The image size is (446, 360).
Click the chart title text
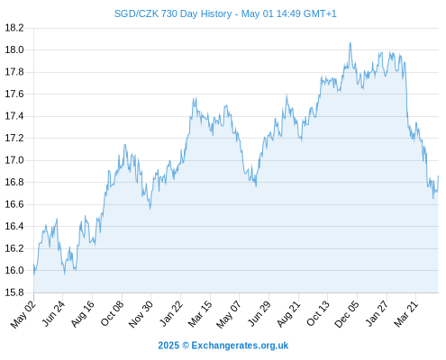coord(225,13)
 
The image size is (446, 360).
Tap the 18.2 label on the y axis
coord(14,28)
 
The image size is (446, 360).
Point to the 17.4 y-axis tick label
coord(14,116)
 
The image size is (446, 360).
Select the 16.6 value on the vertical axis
coord(14,204)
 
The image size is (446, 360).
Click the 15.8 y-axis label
coord(14,292)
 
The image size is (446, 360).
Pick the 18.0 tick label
coord(14,49)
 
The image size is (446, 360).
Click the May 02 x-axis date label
coord(23,314)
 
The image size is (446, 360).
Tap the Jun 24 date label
coord(53,313)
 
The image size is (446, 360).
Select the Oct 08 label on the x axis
coord(113,313)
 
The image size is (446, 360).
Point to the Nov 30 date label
coord(141,314)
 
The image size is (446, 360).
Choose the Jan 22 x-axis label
coord(171,313)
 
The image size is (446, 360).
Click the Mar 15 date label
coord(200,314)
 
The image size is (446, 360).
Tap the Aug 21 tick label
coord(288,314)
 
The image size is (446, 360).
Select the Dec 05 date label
coord(347,314)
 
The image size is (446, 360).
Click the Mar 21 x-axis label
coord(406,314)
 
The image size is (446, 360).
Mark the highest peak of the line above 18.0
coord(350,43)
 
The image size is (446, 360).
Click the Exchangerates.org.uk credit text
coord(240,346)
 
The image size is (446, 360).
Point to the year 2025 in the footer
coord(168,346)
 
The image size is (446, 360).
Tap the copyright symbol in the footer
coord(186,346)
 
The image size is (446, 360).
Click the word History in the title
coord(216,13)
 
